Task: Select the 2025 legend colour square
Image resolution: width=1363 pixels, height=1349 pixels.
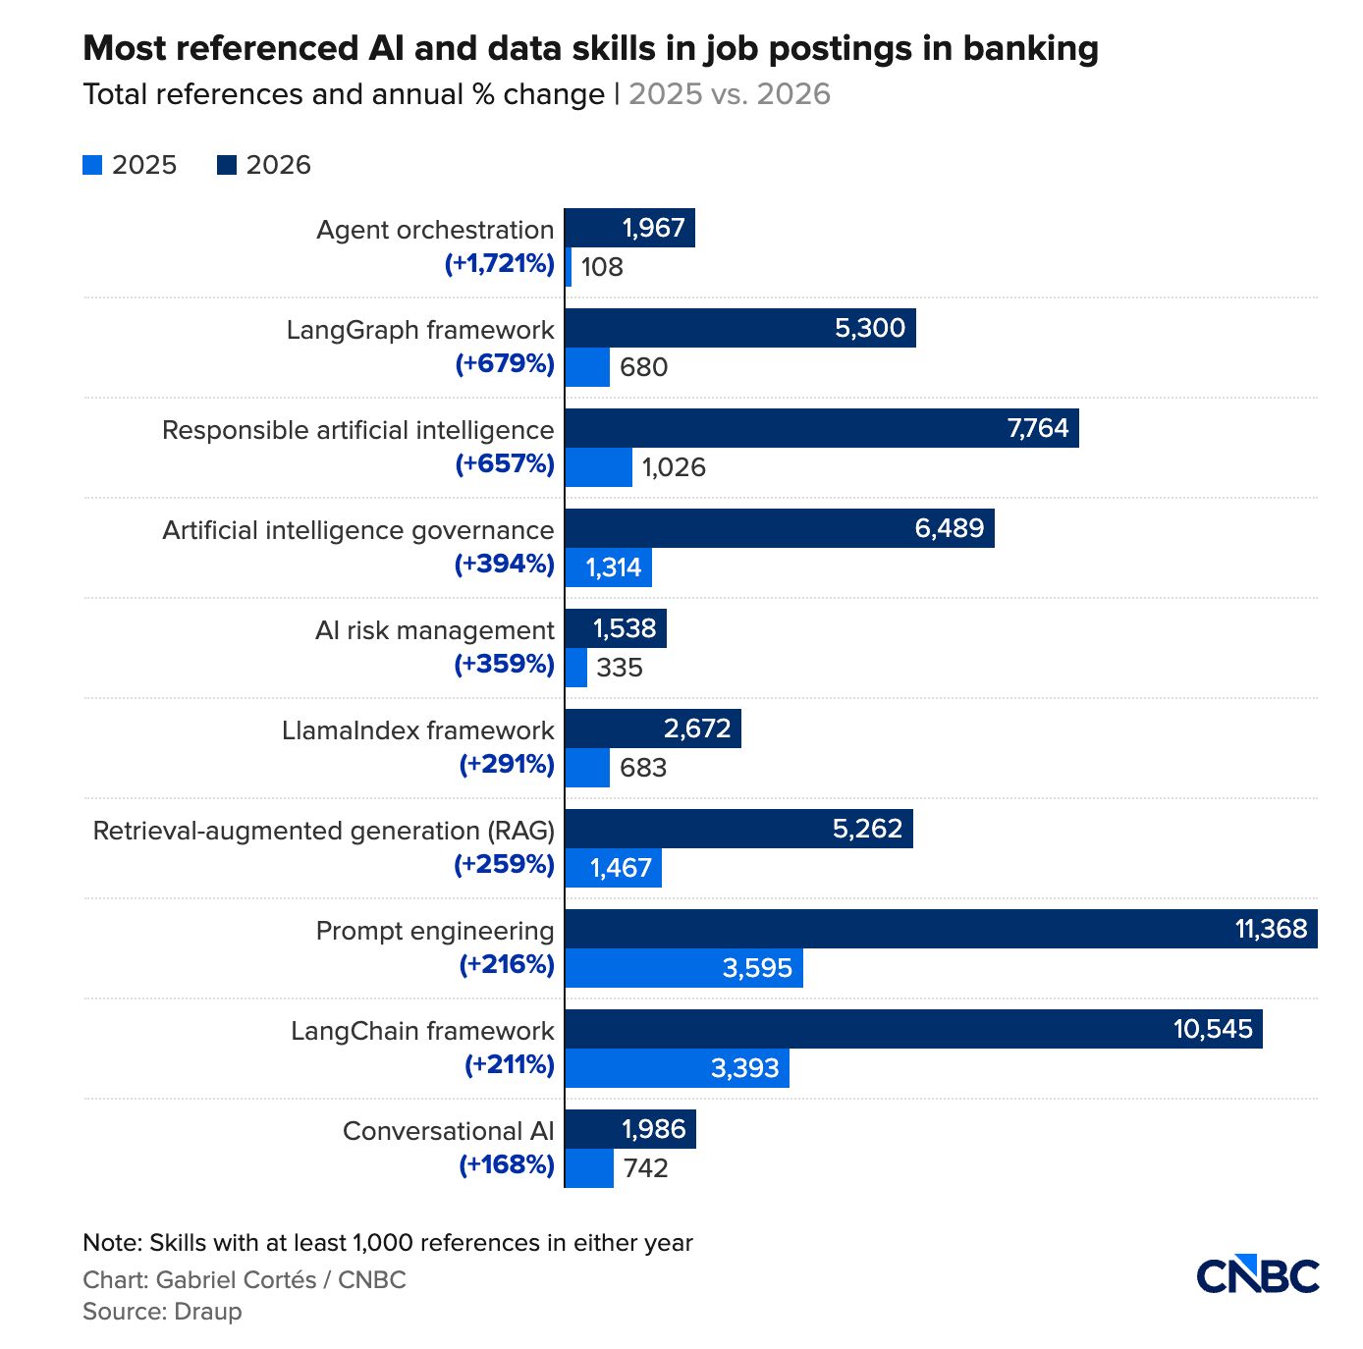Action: pyautogui.click(x=92, y=165)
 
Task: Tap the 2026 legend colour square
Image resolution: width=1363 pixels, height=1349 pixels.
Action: pyautogui.click(x=226, y=165)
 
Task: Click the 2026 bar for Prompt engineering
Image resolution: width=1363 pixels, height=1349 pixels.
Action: pyautogui.click(x=941, y=929)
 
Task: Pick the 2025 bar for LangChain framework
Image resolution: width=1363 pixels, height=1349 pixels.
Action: pyautogui.click(x=677, y=1067)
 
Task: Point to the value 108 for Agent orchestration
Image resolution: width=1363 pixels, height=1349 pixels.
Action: pyautogui.click(x=602, y=267)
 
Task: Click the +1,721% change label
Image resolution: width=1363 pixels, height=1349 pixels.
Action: pyautogui.click(x=500, y=264)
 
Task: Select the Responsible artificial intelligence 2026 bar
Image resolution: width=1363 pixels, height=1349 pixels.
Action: pyautogui.click(x=821, y=428)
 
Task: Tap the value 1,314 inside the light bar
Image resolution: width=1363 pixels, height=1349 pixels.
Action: pyautogui.click(x=613, y=567)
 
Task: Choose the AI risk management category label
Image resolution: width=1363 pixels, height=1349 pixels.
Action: pyautogui.click(x=434, y=630)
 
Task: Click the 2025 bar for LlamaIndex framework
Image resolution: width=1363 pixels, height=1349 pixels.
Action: pyautogui.click(x=587, y=768)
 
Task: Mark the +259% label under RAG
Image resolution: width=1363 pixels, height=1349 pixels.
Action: pyautogui.click(x=505, y=864)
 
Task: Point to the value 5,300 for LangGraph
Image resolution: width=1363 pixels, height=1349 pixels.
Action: pyautogui.click(x=870, y=328)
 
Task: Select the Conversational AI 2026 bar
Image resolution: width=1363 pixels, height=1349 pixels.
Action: pyautogui.click(x=630, y=1129)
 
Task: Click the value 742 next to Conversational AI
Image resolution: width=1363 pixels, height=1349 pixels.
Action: pyautogui.click(x=646, y=1168)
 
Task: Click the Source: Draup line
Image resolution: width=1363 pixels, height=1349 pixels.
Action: pyautogui.click(x=163, y=1311)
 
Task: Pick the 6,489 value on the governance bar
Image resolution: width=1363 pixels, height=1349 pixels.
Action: pyautogui.click(x=950, y=527)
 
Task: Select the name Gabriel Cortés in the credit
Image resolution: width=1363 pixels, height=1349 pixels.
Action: pyautogui.click(x=237, y=1279)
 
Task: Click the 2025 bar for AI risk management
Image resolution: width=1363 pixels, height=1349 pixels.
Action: pyautogui.click(x=575, y=667)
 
